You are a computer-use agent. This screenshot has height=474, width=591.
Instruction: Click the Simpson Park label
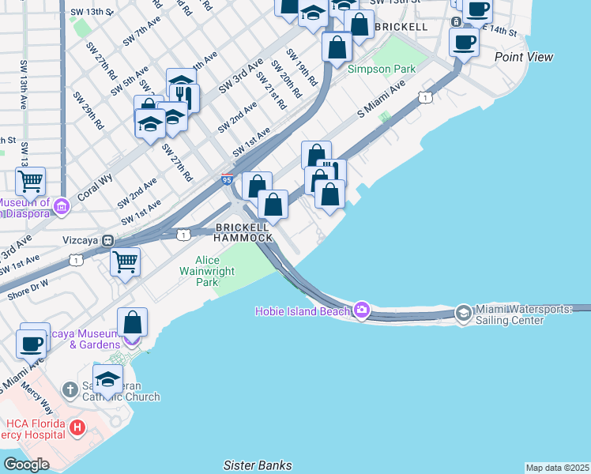[x=382, y=70]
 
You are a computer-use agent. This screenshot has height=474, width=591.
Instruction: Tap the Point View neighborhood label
[x=524, y=57]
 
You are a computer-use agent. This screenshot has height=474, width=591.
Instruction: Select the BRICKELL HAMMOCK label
[x=244, y=232]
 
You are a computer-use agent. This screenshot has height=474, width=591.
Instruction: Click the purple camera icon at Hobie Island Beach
[x=362, y=309]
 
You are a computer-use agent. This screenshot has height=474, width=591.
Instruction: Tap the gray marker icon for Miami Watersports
[x=463, y=312]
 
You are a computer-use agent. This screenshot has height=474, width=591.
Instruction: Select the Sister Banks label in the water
[x=258, y=465]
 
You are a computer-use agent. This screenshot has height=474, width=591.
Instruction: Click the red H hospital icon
[x=77, y=428]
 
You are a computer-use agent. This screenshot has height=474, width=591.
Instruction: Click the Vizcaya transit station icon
[x=107, y=241]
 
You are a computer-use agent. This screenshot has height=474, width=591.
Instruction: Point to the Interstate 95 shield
[x=227, y=180]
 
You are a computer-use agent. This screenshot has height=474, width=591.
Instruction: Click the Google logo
[x=26, y=464]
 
